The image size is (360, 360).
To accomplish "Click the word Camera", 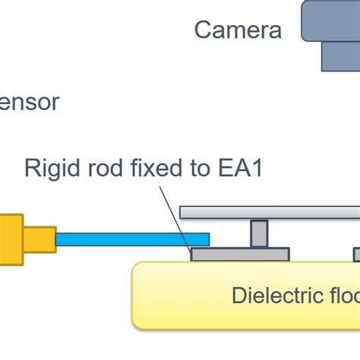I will coord(238,30).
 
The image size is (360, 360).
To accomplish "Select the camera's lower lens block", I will coord(340,55).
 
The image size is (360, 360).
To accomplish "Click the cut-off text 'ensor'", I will coord(29,102).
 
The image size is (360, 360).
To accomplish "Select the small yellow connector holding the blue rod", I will coord(39,239).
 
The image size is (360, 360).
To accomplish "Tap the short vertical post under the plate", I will coord(259,233).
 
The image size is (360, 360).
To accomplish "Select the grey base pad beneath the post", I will coord(239,254).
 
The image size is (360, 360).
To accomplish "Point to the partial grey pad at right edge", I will coord(356,254).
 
